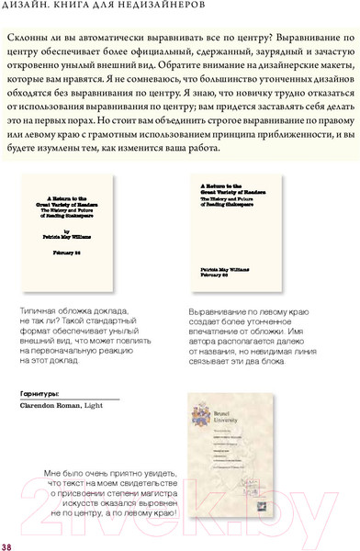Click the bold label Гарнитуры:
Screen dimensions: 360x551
(40, 392)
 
